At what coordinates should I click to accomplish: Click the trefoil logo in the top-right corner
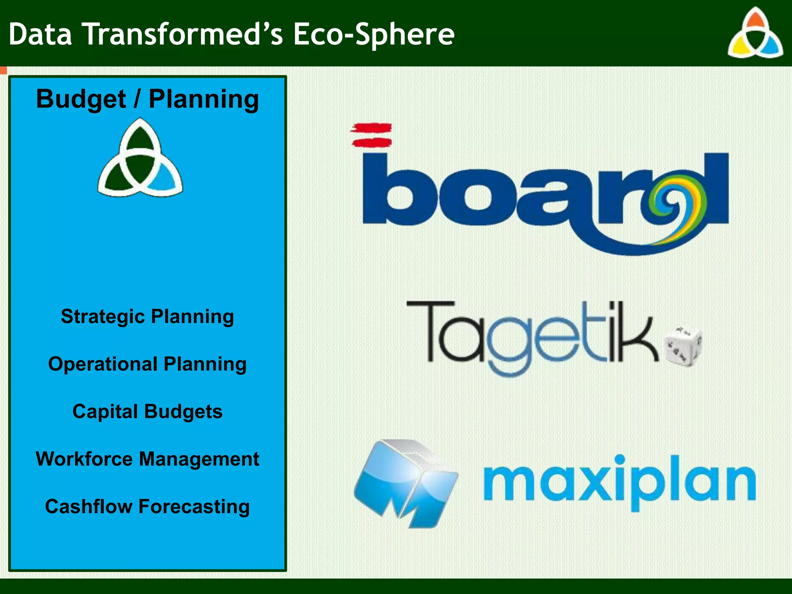[755, 34]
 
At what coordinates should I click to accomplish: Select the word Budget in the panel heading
[81, 100]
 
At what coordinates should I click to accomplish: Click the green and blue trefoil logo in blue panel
[140, 159]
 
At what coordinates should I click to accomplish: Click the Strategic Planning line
[147, 317]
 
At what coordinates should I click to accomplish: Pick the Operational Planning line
[147, 364]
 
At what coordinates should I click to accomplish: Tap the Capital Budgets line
[147, 411]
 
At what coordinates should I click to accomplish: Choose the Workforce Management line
[147, 459]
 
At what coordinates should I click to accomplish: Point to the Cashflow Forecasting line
[147, 507]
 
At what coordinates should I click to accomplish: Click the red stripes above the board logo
[371, 135]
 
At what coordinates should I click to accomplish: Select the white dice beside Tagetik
[683, 346]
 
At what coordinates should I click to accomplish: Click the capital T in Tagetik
[429, 329]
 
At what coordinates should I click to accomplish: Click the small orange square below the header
[3, 70]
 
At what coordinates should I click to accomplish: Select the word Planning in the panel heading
[204, 100]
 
